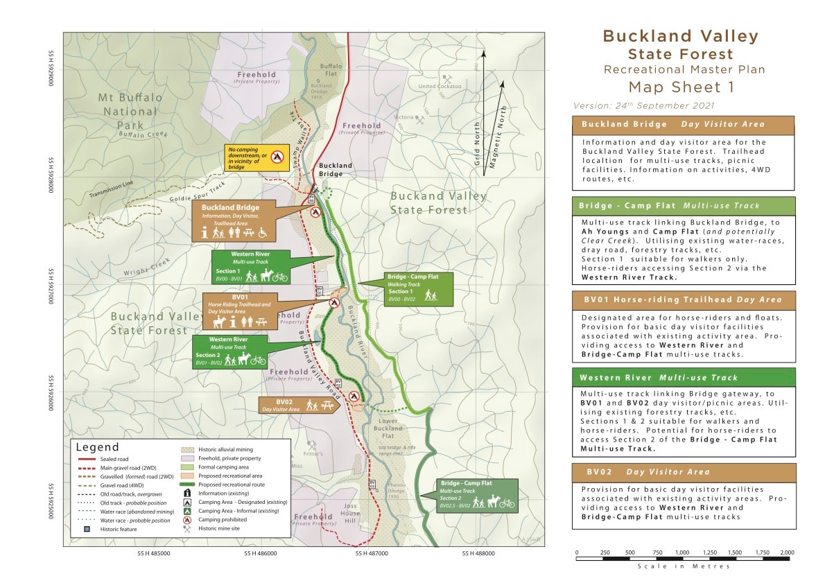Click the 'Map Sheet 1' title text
click(x=680, y=87)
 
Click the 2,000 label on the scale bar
click(x=786, y=552)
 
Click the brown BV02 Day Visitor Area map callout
click(x=298, y=406)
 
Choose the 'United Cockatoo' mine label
click(x=440, y=87)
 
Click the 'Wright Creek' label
click(x=146, y=267)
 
